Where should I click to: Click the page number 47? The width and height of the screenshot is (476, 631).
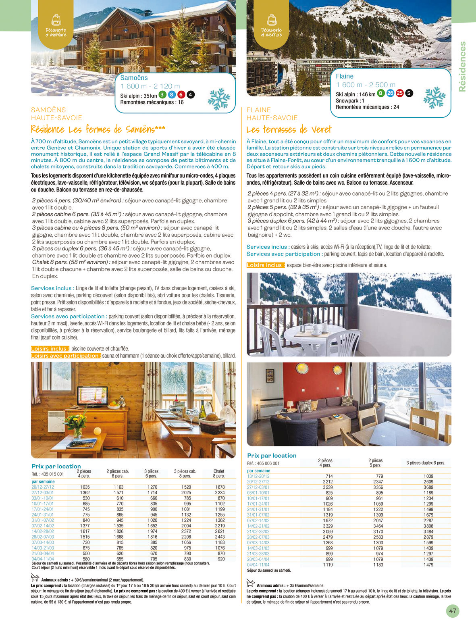453,611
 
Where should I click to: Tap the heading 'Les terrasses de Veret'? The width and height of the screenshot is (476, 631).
289,130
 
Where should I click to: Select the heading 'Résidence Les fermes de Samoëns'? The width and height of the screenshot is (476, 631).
98,130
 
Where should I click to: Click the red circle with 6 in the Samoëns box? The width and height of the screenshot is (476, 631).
181,95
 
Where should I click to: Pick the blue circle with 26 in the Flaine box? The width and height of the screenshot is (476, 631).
390,93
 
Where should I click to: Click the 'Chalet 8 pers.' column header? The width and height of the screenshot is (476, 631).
219,474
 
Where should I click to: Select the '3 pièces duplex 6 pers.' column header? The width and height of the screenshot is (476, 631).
426,463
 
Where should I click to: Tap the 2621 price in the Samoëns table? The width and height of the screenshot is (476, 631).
220,531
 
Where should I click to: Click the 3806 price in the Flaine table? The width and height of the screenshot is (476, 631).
428,526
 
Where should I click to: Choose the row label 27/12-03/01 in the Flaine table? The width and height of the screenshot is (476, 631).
258,487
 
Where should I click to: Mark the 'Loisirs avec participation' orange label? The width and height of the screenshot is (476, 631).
66,356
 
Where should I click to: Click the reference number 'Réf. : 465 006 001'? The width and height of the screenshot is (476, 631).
263,464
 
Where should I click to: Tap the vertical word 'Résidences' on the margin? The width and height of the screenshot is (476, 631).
462,67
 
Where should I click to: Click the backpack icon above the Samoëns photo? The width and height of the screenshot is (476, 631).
56,19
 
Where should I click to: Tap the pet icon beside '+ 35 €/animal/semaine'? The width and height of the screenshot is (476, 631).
250,583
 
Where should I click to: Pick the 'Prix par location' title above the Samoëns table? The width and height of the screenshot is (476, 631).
56,466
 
